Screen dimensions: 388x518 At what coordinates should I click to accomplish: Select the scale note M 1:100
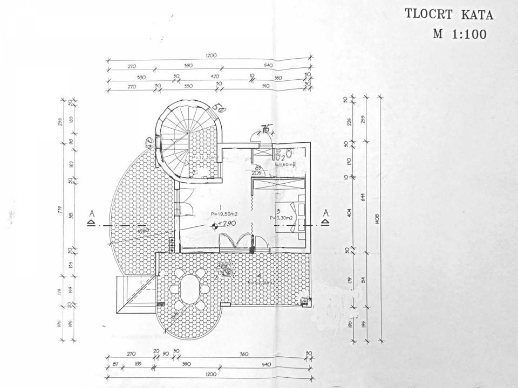[460, 34]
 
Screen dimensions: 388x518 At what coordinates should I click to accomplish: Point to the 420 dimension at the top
[214, 76]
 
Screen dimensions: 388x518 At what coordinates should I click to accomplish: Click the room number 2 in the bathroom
[282, 157]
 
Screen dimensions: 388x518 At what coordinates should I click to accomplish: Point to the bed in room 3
[297, 216]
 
